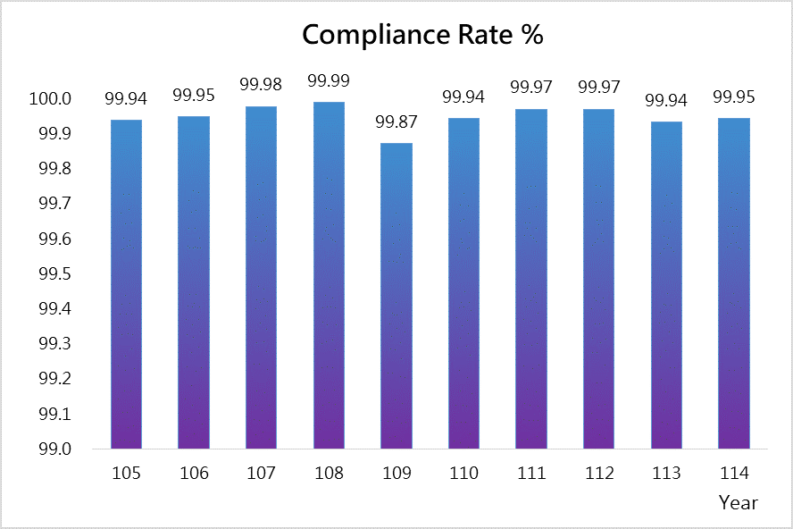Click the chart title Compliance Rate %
click(422, 35)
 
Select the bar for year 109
click(396, 295)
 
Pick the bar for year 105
click(126, 283)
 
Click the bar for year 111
click(531, 278)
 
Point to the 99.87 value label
click(396, 122)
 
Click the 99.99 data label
click(329, 81)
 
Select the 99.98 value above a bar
click(261, 85)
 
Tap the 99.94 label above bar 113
click(666, 100)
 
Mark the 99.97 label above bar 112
click(599, 88)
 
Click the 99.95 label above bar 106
click(194, 95)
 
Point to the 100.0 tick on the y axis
click(50, 98)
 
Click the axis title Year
click(739, 503)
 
